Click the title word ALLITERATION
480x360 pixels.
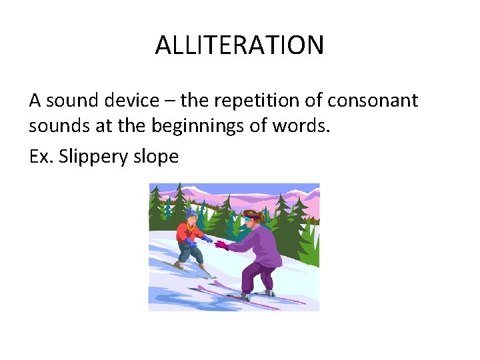[x=239, y=45]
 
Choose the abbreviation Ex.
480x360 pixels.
[x=41, y=157]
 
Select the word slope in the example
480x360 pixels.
[x=158, y=157]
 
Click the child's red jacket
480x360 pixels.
[x=185, y=233]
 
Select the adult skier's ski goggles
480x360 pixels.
[x=249, y=217]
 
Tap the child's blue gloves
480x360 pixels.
[x=207, y=238]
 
